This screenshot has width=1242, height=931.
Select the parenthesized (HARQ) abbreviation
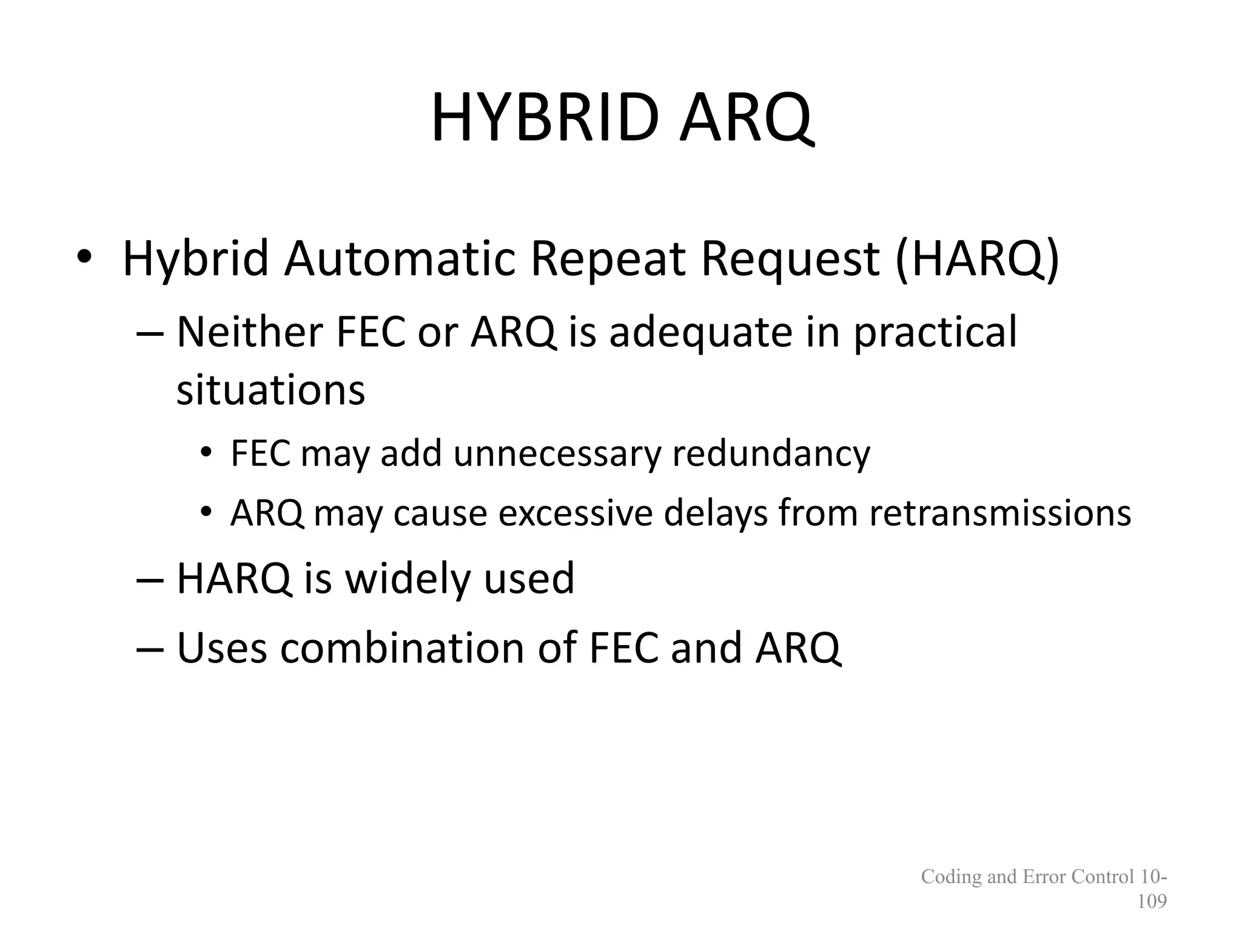977,259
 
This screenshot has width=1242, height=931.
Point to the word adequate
701,333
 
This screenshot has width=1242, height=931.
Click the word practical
935,333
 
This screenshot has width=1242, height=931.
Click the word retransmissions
1000,513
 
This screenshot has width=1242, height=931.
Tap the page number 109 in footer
1152,901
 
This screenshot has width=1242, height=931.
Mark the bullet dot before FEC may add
206,455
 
